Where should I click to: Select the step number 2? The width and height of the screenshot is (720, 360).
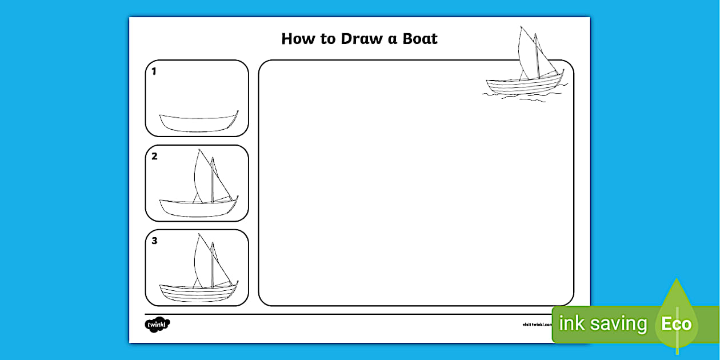[154, 157]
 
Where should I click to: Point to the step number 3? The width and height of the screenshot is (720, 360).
[154, 241]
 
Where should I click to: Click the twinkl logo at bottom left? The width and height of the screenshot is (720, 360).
[157, 325]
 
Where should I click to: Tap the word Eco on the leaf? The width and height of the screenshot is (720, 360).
[677, 325]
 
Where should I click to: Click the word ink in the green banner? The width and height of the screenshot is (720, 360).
[571, 324]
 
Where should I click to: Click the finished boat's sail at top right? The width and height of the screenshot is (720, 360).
[527, 54]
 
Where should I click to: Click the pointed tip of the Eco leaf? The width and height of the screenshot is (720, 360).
[677, 280]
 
